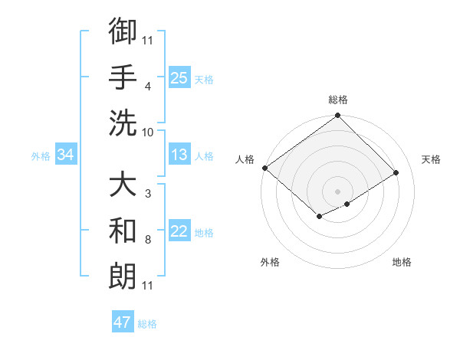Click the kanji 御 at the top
123,32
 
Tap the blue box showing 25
179,78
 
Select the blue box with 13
179,155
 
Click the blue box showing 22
179,231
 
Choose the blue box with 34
65,155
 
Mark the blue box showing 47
122,322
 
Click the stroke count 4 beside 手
147,86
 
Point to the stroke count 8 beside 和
147,240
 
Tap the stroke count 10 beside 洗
148,132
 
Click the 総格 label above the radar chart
338,100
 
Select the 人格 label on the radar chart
245,159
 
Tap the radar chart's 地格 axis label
402,262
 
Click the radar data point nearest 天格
396,172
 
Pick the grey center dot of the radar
337,191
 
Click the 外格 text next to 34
40,156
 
